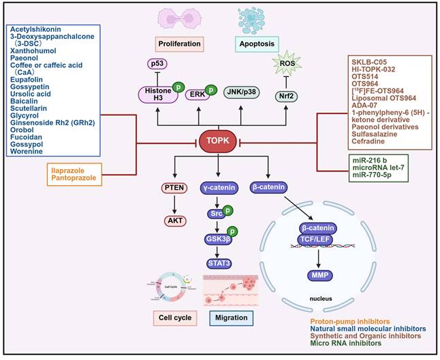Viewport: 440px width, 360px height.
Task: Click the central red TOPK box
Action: [x=219, y=142]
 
